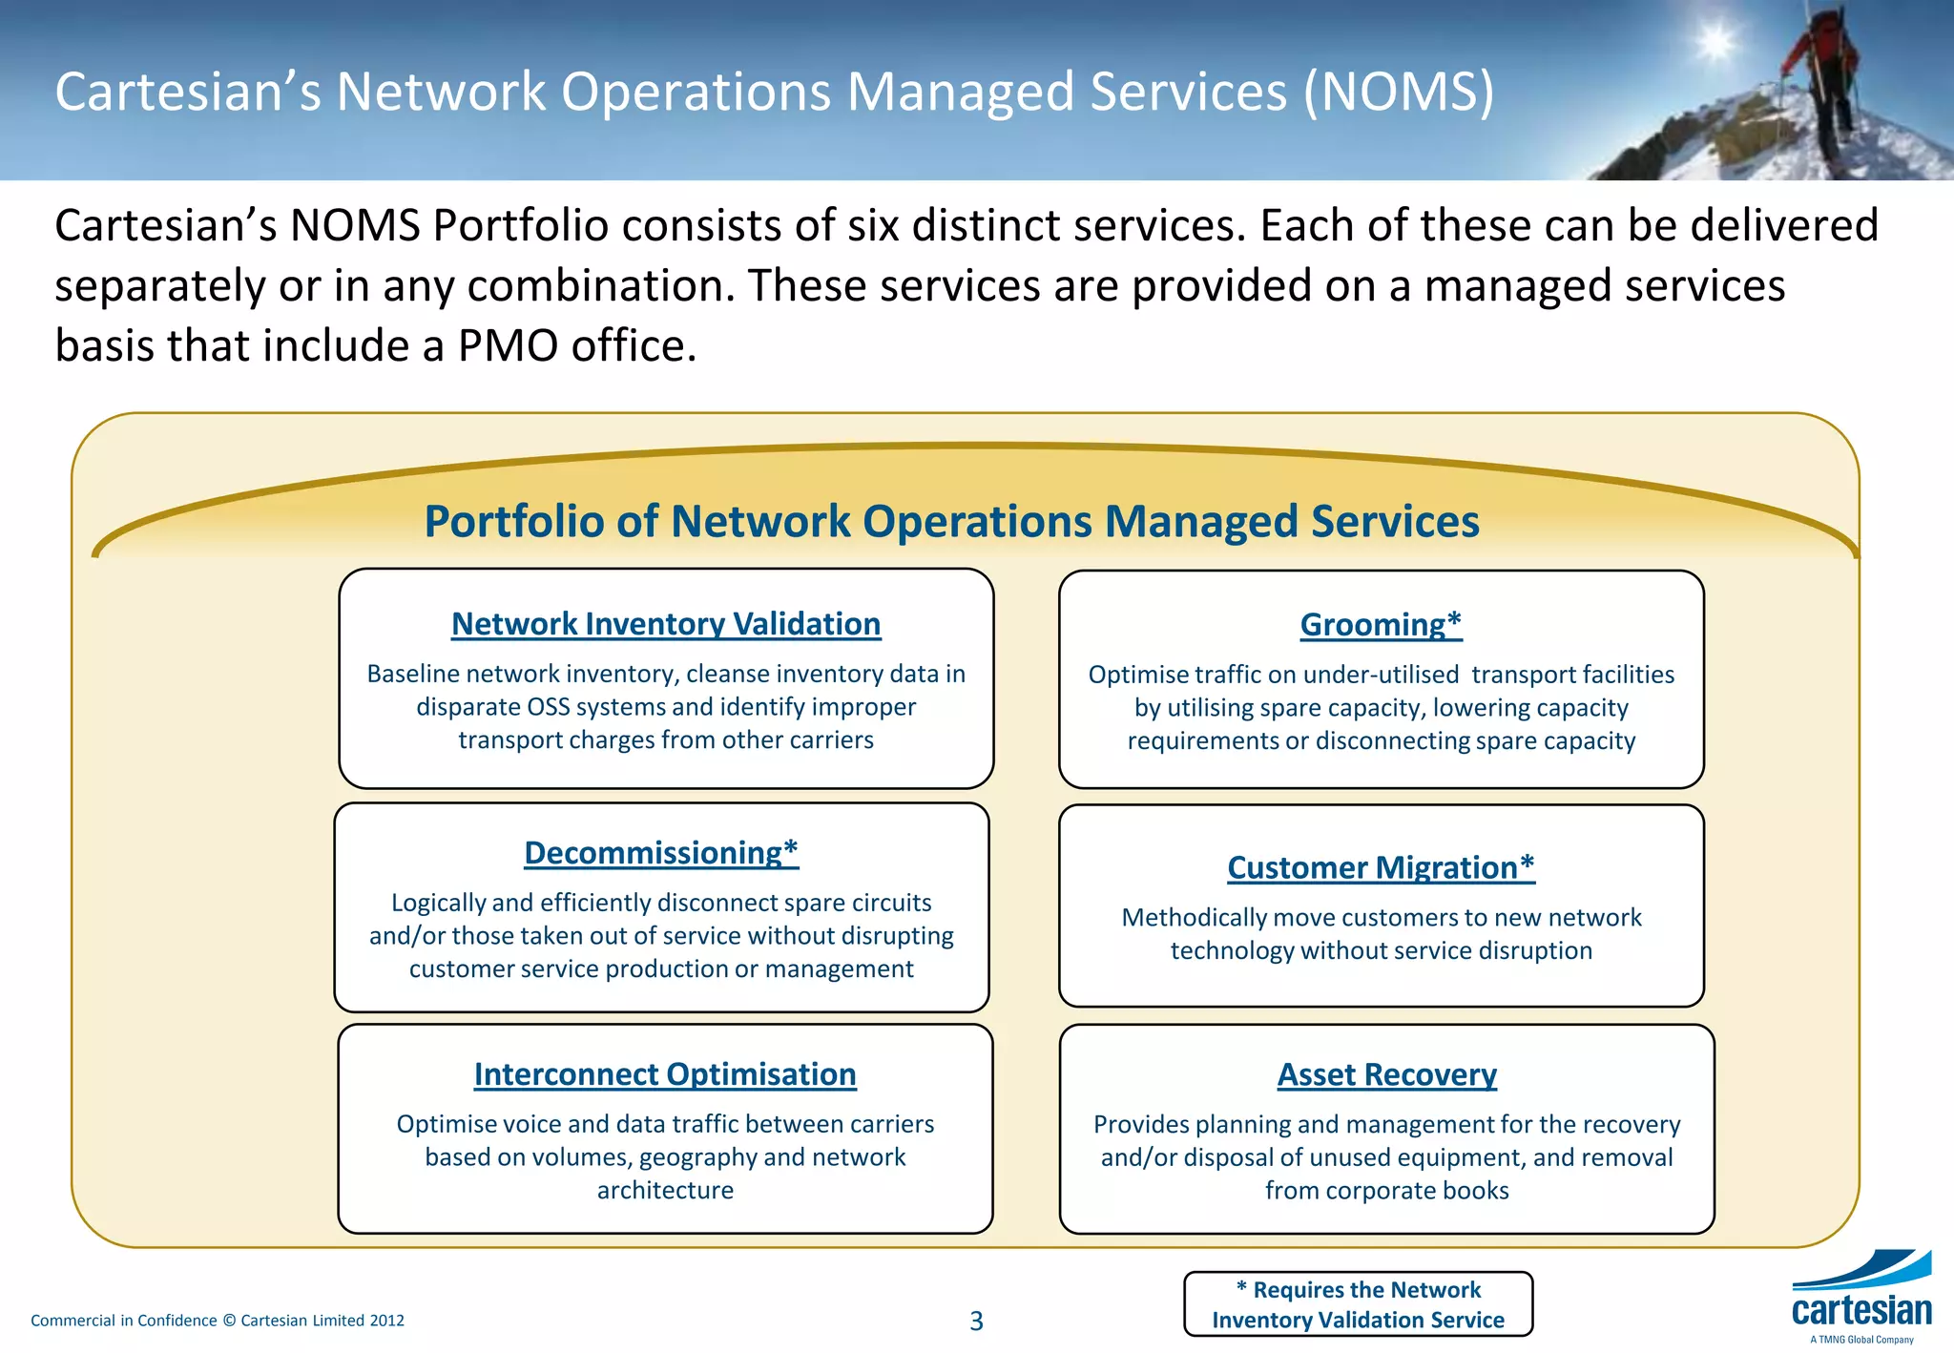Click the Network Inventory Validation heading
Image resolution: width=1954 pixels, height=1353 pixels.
(666, 624)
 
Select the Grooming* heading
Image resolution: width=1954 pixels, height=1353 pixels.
(1381, 625)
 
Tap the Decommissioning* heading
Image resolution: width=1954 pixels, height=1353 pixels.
(661, 853)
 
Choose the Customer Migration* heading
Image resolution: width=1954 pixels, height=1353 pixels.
(1381, 868)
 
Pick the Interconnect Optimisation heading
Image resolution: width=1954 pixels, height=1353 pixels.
(665, 1074)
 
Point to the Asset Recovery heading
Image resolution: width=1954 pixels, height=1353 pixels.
(1386, 1075)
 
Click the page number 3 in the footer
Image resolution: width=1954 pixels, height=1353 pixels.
(976, 1322)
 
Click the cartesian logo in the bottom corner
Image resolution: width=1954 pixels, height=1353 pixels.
(1861, 1299)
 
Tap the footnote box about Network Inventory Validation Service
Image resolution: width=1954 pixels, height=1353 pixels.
(1358, 1304)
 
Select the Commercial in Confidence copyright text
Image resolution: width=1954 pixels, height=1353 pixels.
(218, 1321)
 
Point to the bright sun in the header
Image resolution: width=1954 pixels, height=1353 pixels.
(1715, 43)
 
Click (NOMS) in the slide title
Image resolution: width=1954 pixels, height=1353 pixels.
(1398, 93)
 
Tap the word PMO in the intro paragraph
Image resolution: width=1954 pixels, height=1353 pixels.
(509, 345)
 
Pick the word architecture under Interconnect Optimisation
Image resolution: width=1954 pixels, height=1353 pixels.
(665, 1191)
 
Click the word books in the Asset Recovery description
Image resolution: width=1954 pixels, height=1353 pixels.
(1474, 1191)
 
